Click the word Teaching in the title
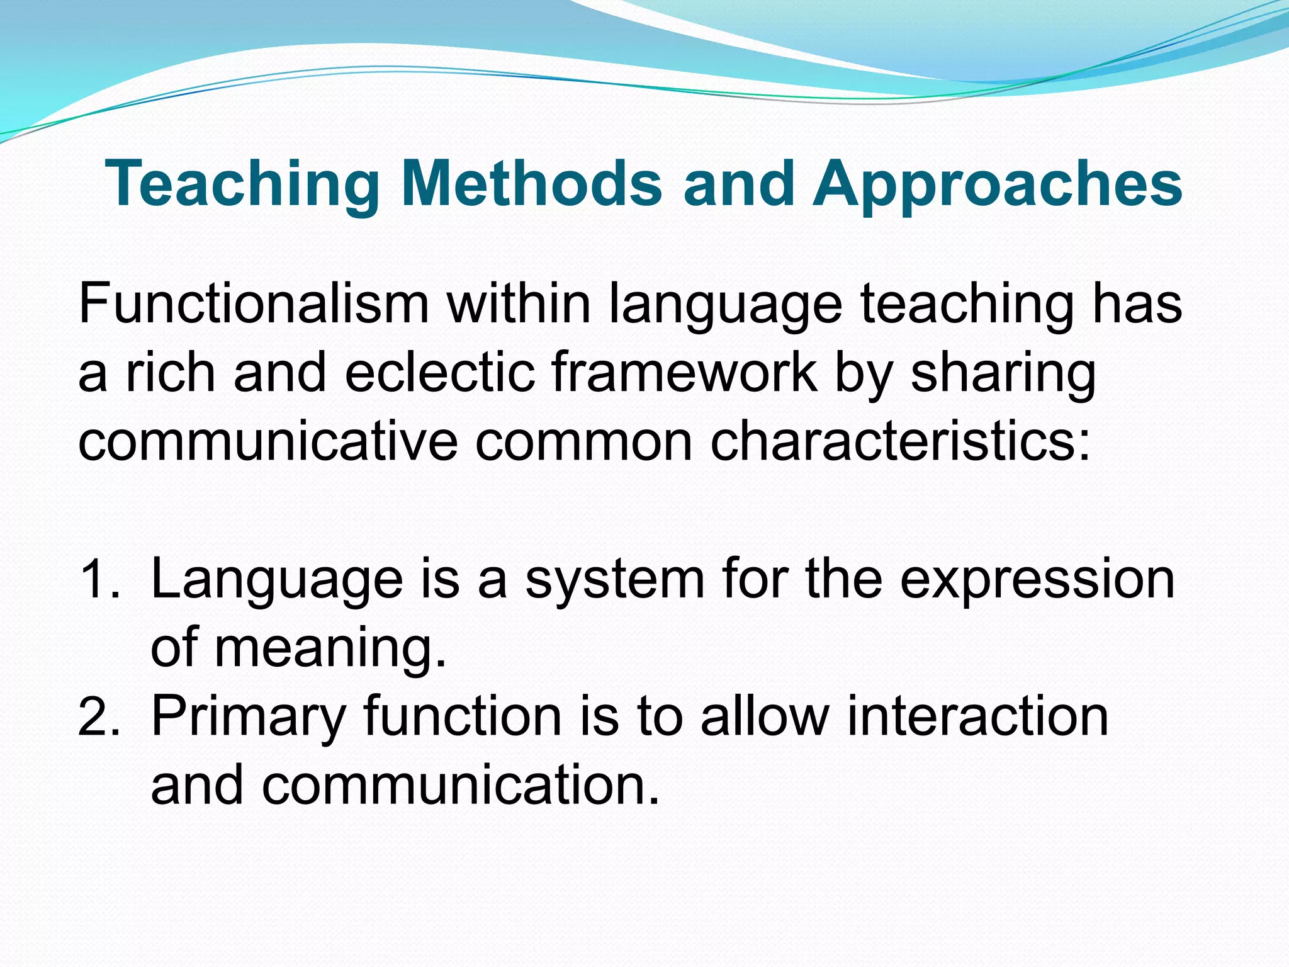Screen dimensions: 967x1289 click(242, 184)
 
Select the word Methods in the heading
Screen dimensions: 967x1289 click(532, 184)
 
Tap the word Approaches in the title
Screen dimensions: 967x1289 click(998, 184)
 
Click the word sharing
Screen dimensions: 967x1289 click(1003, 373)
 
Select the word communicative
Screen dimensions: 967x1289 click(267, 441)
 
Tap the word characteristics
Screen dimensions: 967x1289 click(900, 441)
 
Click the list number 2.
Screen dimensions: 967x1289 click(98, 718)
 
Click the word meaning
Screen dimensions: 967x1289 click(330, 648)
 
